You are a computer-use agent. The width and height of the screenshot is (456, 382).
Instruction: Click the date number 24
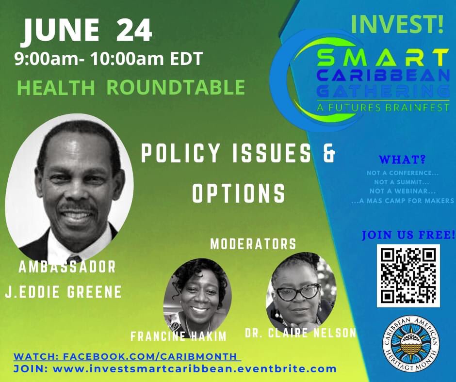click(x=133, y=31)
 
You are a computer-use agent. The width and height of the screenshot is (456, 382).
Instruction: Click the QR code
click(x=408, y=275)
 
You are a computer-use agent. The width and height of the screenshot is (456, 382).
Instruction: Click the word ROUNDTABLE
click(x=176, y=87)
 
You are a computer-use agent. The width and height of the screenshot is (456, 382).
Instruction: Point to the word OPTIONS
click(x=239, y=193)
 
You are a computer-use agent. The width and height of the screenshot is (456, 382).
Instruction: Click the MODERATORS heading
click(x=253, y=244)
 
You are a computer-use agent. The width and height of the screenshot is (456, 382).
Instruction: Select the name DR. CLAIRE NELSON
click(x=301, y=333)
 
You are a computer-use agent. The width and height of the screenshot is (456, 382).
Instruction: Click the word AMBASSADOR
click(x=67, y=267)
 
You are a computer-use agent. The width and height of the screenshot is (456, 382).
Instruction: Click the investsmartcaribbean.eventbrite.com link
click(x=194, y=369)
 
